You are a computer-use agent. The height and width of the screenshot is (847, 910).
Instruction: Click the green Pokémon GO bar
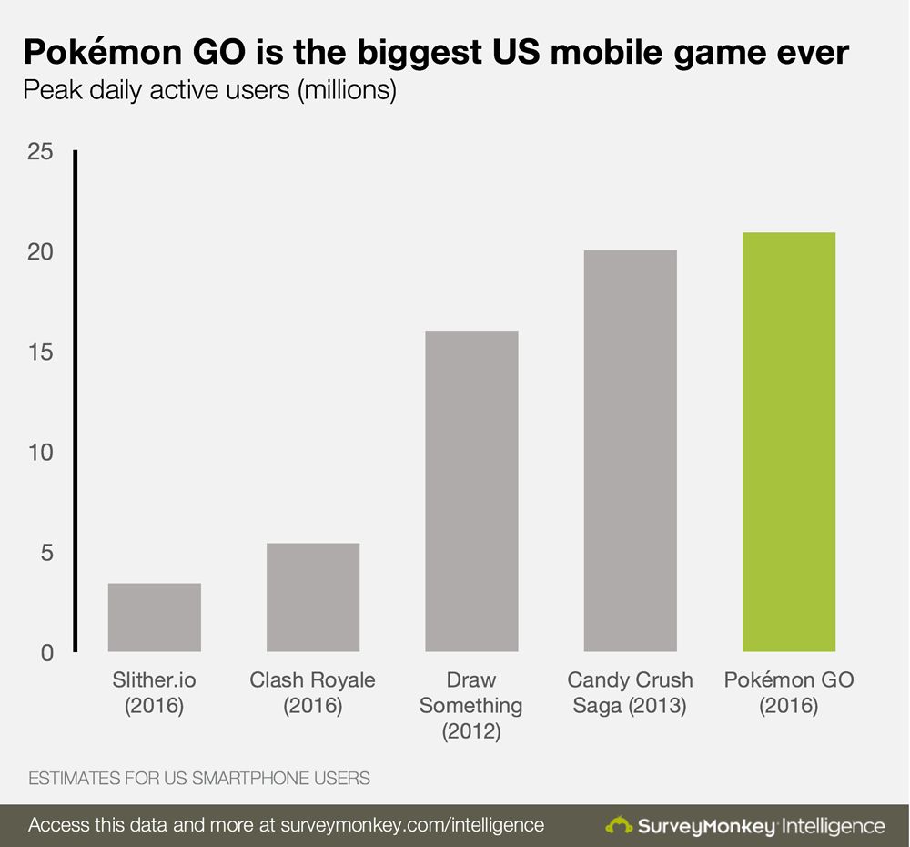click(x=789, y=442)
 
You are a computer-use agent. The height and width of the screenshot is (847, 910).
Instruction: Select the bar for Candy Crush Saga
click(x=631, y=451)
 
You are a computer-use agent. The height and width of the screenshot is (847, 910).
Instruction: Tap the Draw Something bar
click(x=471, y=491)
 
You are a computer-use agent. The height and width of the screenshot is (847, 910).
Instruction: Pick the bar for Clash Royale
click(x=313, y=597)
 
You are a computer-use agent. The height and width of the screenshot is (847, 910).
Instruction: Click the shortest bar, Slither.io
click(x=155, y=617)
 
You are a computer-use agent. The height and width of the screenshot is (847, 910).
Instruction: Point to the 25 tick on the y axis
click(x=40, y=152)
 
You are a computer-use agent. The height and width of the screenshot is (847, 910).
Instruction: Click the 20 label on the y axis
click(x=40, y=252)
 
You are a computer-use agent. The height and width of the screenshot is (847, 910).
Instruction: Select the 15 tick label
click(x=40, y=352)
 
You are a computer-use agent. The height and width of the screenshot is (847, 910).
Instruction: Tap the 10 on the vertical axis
click(x=40, y=453)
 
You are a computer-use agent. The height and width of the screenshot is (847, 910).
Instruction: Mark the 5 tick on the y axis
click(x=45, y=553)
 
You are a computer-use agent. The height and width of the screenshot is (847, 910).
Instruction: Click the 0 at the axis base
click(x=45, y=653)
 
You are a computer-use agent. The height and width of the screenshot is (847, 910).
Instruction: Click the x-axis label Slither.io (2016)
click(x=155, y=693)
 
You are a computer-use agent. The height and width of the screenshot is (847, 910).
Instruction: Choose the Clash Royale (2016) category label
click(x=313, y=693)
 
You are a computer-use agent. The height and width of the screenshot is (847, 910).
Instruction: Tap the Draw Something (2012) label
click(x=471, y=706)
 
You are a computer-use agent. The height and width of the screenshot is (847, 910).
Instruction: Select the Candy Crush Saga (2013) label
click(x=631, y=693)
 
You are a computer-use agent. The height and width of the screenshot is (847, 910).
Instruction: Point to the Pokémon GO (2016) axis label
click(x=789, y=693)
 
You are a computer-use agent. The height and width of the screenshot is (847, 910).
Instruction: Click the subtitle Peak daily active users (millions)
click(x=209, y=92)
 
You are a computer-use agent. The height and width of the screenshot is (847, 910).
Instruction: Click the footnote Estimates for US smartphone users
click(x=199, y=779)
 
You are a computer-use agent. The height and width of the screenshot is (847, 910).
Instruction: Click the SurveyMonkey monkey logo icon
click(x=620, y=826)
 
